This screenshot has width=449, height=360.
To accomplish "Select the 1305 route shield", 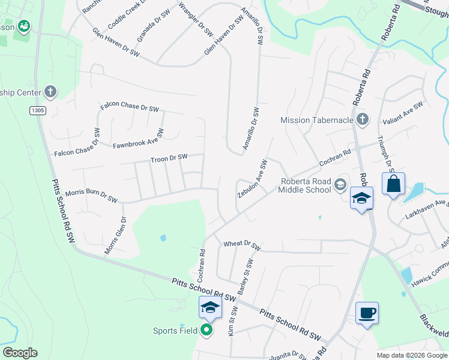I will (x=38, y=110).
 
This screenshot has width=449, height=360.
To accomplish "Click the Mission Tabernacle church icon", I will (x=361, y=119).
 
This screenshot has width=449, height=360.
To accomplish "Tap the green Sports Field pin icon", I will (x=206, y=330).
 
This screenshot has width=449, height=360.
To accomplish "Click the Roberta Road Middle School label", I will (x=304, y=186).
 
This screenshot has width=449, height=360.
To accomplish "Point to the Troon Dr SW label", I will (x=169, y=158).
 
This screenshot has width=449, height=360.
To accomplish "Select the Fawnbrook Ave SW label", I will (x=139, y=139).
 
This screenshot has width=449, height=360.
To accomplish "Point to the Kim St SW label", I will (x=234, y=322).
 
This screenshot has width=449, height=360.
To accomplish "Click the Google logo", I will (x=20, y=353).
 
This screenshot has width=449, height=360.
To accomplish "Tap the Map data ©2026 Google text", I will (x=412, y=355).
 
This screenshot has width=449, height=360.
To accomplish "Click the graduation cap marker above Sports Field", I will (x=211, y=308).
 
